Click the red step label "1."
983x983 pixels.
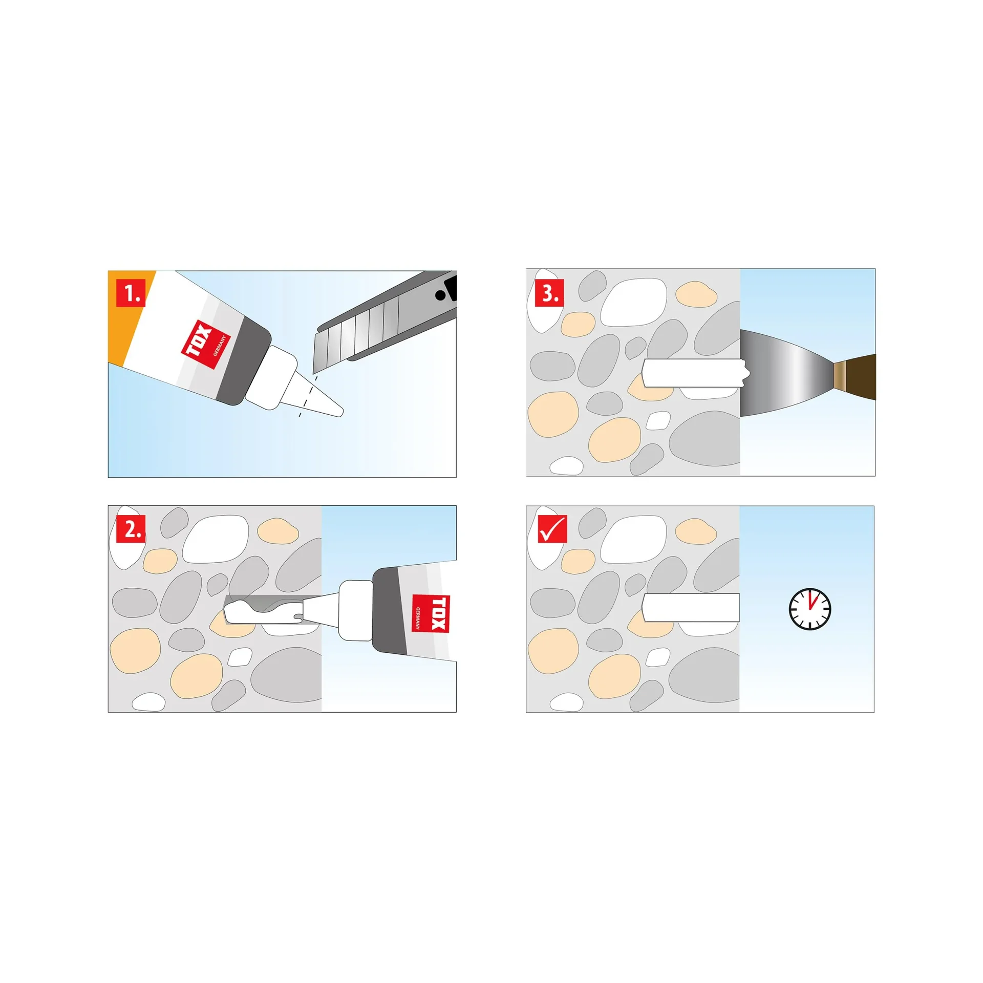(131, 293)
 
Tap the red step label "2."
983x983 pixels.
(131, 528)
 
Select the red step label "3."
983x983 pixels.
(549, 293)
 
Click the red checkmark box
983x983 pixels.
(552, 528)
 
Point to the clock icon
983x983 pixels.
(809, 609)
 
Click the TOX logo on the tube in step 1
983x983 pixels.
(205, 345)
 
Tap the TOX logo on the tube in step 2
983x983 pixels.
(431, 613)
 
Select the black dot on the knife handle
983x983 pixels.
(440, 295)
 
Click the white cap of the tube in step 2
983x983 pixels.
(355, 610)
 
